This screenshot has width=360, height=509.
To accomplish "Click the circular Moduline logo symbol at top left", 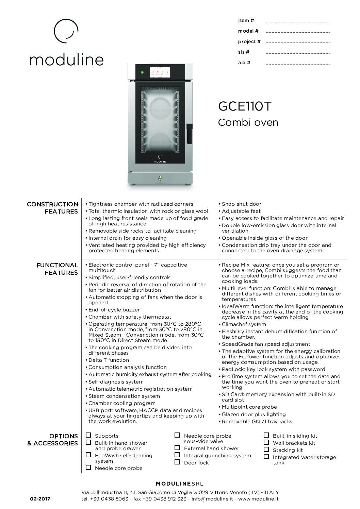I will click(x=67, y=31).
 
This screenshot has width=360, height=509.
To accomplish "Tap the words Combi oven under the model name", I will click(x=248, y=122).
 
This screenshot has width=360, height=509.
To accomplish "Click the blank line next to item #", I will click(x=297, y=21).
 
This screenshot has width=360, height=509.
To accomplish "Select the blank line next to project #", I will click(x=297, y=43).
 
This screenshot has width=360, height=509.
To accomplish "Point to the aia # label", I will click(x=244, y=63).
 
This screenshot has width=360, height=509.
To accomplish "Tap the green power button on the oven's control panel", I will click(x=142, y=72).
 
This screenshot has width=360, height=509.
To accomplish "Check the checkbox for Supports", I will click(x=88, y=435).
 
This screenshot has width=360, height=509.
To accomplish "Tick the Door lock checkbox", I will click(x=177, y=462).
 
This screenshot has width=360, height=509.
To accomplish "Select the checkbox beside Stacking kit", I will click(x=266, y=449).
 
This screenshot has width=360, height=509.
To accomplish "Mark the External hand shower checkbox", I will click(x=177, y=448).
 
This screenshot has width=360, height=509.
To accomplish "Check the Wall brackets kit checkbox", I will click(x=266, y=442).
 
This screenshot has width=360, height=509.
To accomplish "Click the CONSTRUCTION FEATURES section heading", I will click(x=53, y=208).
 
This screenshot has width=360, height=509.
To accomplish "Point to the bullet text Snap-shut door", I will click(x=241, y=204).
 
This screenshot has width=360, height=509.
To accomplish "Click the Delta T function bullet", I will click(x=109, y=360).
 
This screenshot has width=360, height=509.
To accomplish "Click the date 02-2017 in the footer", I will click(x=40, y=499).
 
